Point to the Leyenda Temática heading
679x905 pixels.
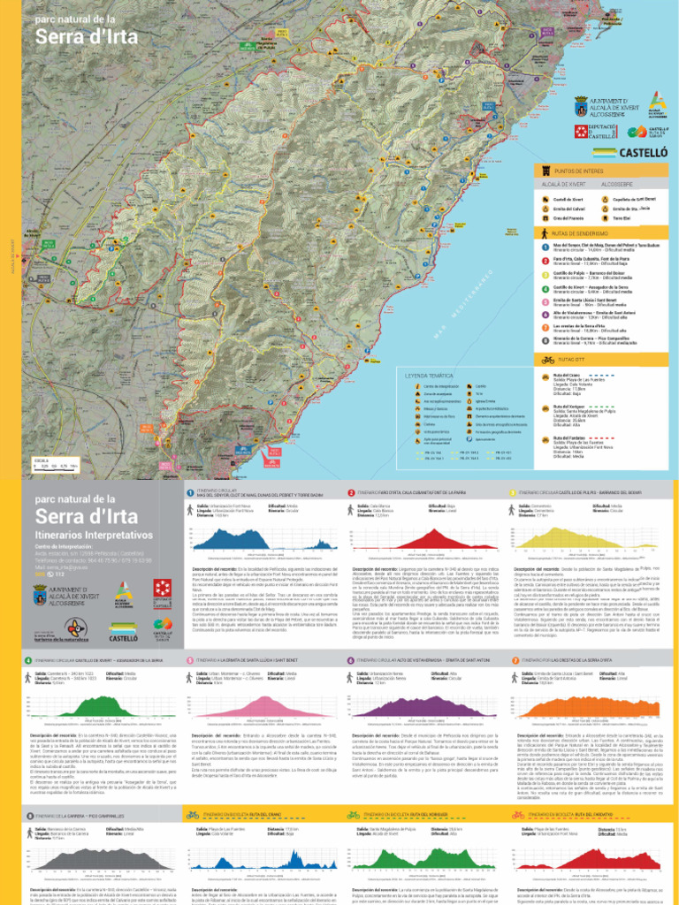[428, 376]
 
